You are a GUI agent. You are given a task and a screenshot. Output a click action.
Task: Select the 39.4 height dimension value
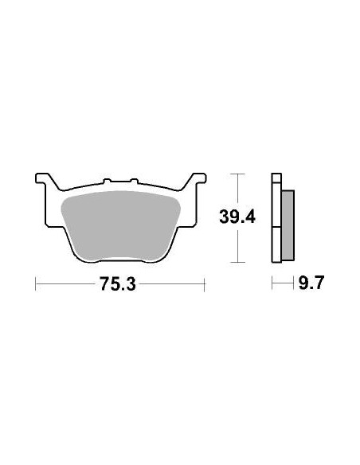pyautogui.click(x=236, y=216)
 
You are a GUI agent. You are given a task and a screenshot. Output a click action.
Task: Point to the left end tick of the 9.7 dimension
pyautogui.click(x=272, y=283)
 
